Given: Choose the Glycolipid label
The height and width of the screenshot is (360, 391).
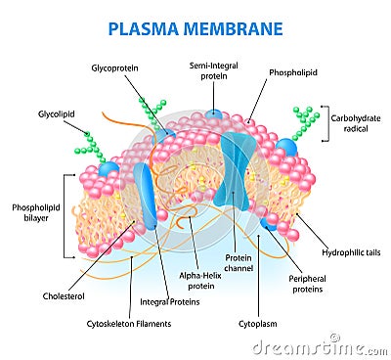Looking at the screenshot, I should (55, 112).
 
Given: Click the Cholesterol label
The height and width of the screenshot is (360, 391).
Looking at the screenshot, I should (63, 294).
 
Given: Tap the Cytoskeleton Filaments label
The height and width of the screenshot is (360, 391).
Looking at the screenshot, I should (129, 324).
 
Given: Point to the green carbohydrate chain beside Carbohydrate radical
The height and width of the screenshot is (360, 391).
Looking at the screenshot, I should (305, 122).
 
